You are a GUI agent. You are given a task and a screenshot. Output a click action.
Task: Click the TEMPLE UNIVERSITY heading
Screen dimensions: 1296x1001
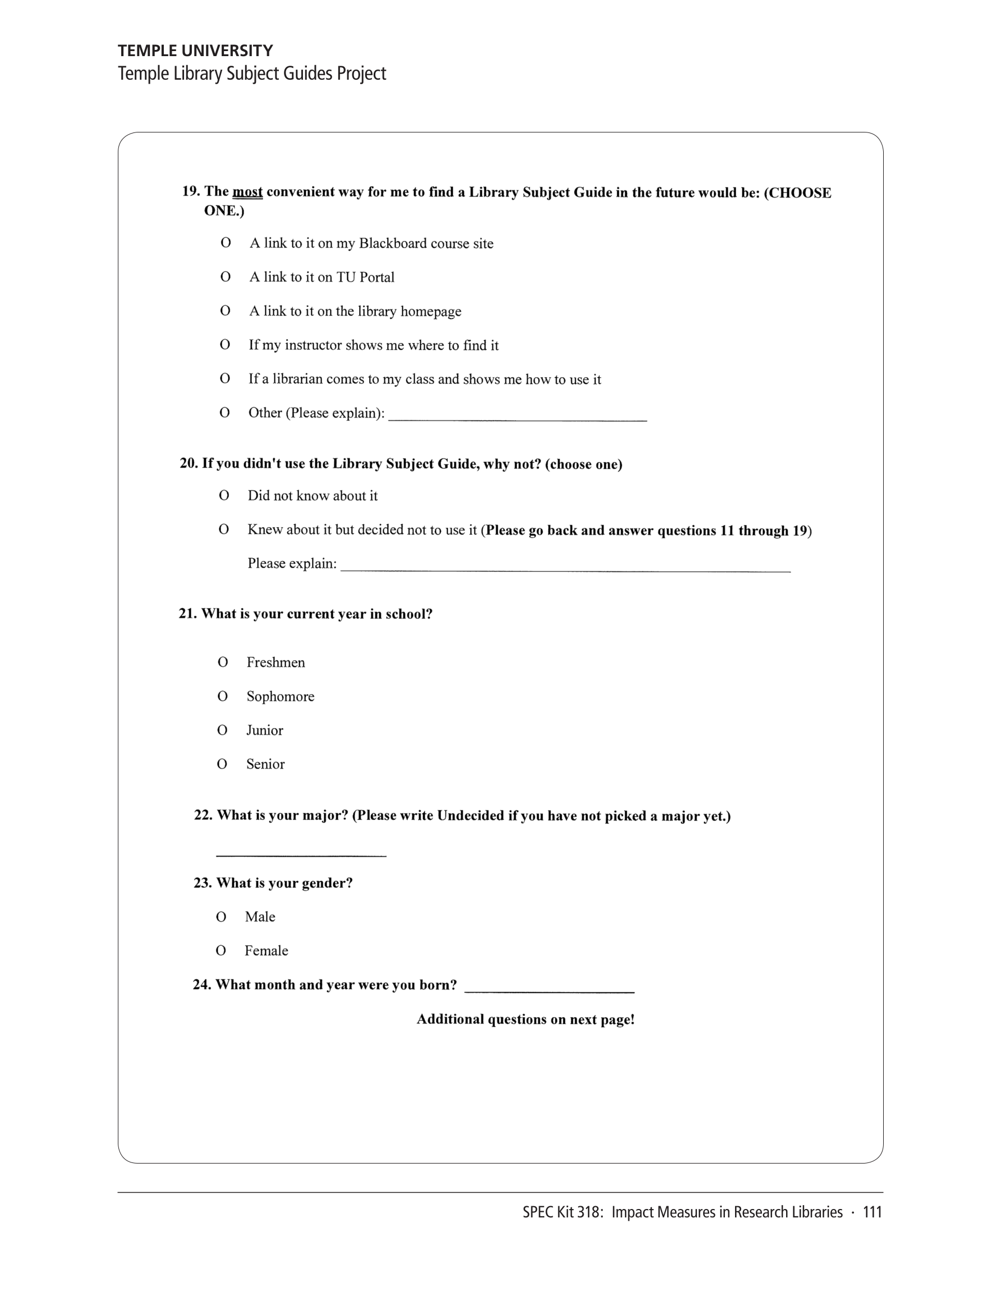195,51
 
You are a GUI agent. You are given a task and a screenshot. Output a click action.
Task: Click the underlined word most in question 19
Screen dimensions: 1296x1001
247,191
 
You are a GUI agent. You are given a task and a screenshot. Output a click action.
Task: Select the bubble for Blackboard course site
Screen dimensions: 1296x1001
226,242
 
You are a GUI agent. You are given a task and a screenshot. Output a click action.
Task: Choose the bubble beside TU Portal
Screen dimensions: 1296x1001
226,277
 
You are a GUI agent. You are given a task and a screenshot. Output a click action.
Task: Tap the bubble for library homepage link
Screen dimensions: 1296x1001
226,310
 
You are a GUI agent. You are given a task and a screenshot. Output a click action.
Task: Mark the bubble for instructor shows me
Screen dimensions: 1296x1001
225,344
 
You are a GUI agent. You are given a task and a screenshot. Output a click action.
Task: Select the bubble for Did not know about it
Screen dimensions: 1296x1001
224,495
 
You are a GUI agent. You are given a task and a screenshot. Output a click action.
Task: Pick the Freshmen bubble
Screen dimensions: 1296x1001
223,662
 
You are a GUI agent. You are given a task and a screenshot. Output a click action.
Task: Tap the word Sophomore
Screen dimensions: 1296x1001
280,696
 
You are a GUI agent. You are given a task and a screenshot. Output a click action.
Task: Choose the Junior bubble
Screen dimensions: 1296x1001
222,730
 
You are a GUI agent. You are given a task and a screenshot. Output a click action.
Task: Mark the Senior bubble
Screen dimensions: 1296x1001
222,764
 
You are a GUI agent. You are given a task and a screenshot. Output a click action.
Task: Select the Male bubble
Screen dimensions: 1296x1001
221,917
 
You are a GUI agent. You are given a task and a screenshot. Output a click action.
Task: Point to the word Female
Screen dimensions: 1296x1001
266,951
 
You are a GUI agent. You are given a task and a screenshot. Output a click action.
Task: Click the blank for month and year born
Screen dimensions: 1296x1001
549,987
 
